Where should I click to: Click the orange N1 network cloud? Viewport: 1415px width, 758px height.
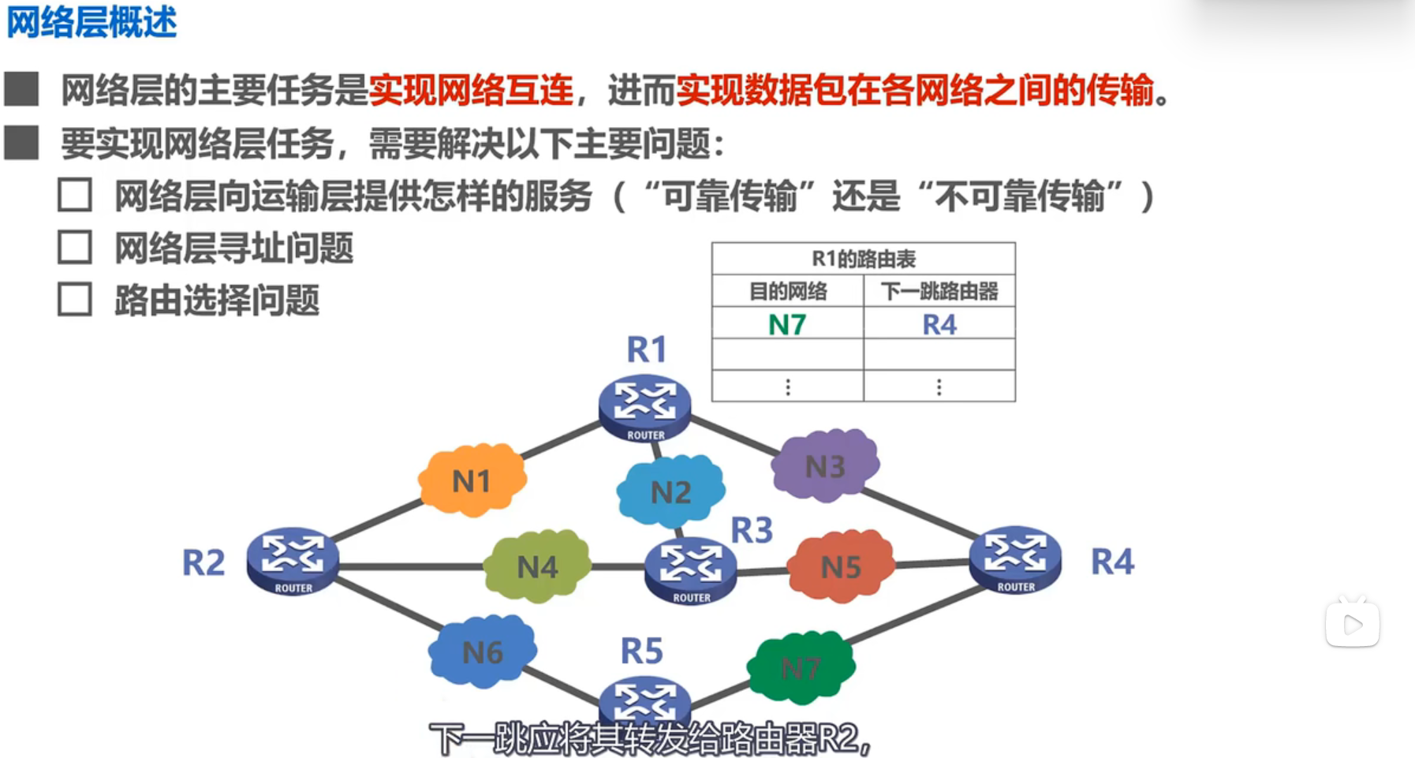click(472, 480)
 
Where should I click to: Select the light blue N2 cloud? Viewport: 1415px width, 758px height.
click(670, 492)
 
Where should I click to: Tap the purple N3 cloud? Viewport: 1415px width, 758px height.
click(825, 466)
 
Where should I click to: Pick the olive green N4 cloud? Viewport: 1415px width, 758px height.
click(537, 566)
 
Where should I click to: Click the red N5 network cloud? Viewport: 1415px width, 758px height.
click(841, 566)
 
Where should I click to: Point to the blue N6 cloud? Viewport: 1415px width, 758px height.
click(483, 652)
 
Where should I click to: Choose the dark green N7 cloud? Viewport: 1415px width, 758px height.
click(801, 668)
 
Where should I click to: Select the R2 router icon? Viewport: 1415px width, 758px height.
click(293, 561)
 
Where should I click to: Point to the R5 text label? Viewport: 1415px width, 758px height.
click(641, 652)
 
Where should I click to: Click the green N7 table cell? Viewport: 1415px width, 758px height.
click(787, 324)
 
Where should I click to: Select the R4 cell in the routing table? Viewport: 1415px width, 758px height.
click(939, 324)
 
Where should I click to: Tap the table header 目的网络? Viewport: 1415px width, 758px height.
click(787, 292)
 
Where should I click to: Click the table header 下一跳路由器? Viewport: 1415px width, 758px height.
click(939, 292)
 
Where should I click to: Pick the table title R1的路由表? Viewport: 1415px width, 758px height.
click(864, 259)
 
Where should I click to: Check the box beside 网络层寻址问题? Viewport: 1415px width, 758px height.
click(75, 248)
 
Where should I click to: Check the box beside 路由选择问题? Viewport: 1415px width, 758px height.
click(75, 300)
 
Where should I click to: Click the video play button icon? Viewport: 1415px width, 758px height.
click(1352, 625)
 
